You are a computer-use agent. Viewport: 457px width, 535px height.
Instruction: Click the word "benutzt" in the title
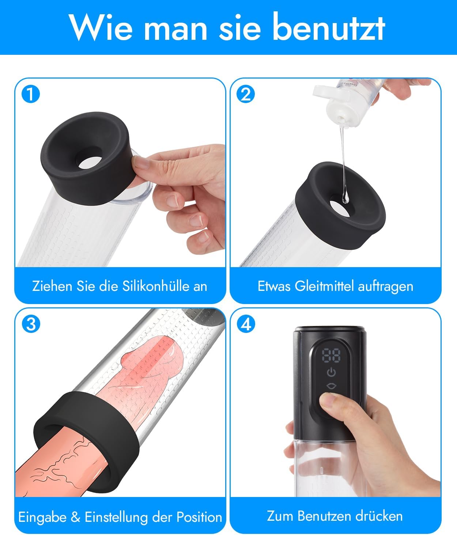[x=329, y=27]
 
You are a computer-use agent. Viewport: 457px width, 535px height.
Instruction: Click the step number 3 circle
[x=31, y=324]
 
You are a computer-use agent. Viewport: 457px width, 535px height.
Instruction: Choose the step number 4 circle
[x=246, y=324]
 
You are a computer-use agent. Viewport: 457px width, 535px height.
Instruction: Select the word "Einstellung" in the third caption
[x=116, y=517]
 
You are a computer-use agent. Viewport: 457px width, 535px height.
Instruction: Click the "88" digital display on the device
[x=331, y=355]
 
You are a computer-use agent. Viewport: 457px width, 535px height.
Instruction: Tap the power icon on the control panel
[x=332, y=372]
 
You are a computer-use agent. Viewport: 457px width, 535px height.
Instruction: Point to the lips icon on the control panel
[x=332, y=386]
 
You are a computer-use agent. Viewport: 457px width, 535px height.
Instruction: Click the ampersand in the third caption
[x=75, y=517]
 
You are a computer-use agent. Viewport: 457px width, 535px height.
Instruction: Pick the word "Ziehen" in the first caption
[x=52, y=286]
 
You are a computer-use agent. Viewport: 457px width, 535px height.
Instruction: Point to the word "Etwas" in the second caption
[x=274, y=286]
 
